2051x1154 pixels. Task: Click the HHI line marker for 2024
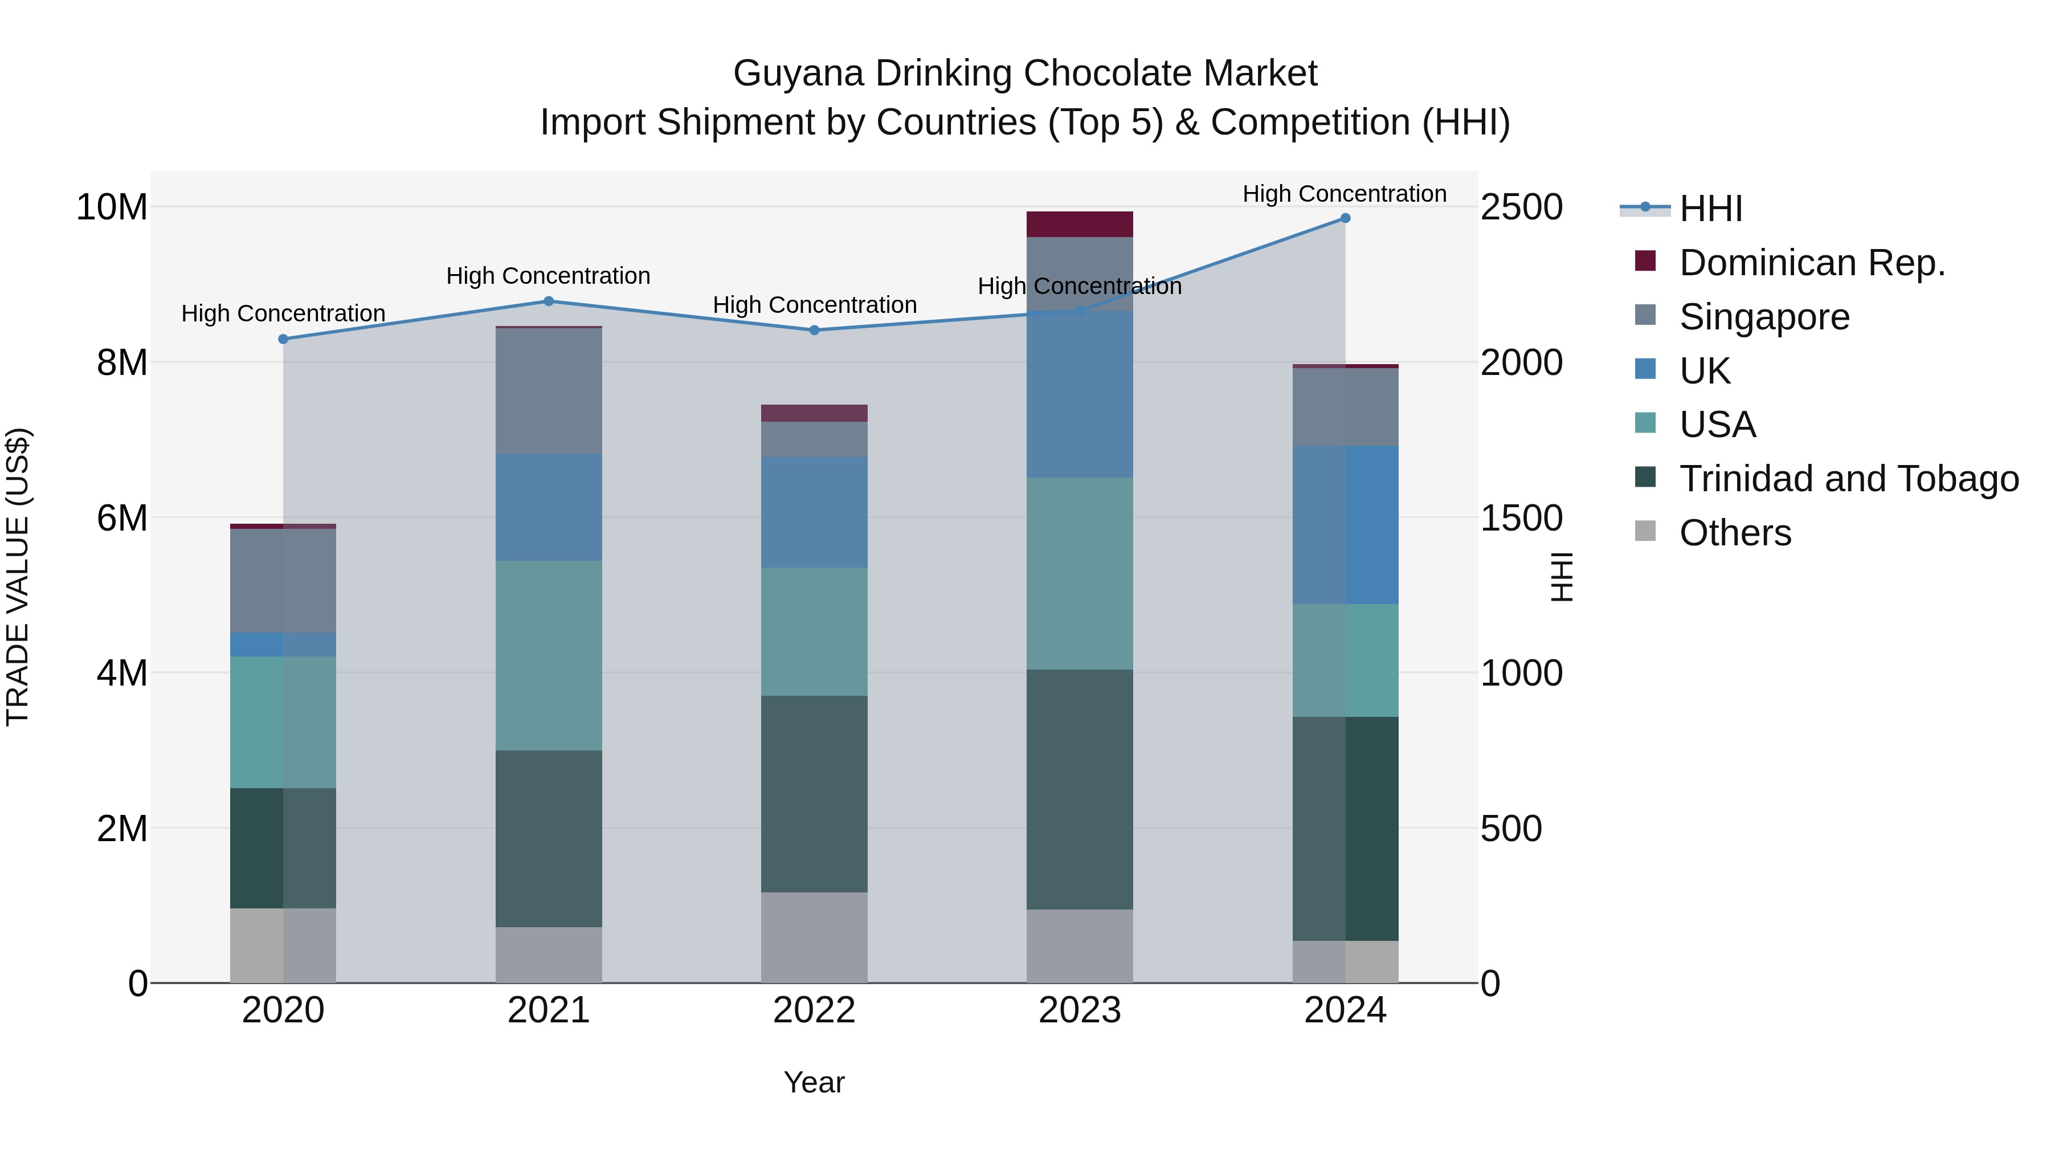1345,218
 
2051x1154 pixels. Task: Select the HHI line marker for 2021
549,301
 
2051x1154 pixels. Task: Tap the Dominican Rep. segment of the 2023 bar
1080,225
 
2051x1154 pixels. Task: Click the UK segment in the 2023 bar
1080,394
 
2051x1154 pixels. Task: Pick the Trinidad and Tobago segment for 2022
814,794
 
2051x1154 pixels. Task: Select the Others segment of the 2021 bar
549,955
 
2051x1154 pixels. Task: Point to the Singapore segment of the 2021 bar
549,391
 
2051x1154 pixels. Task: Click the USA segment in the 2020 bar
283,723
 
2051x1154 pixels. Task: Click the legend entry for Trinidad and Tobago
1848,479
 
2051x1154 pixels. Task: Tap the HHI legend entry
1710,209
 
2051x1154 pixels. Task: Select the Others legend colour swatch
1645,531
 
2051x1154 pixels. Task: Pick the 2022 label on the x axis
814,1010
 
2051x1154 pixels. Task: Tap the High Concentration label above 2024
1344,194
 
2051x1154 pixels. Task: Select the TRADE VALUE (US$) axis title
18,577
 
